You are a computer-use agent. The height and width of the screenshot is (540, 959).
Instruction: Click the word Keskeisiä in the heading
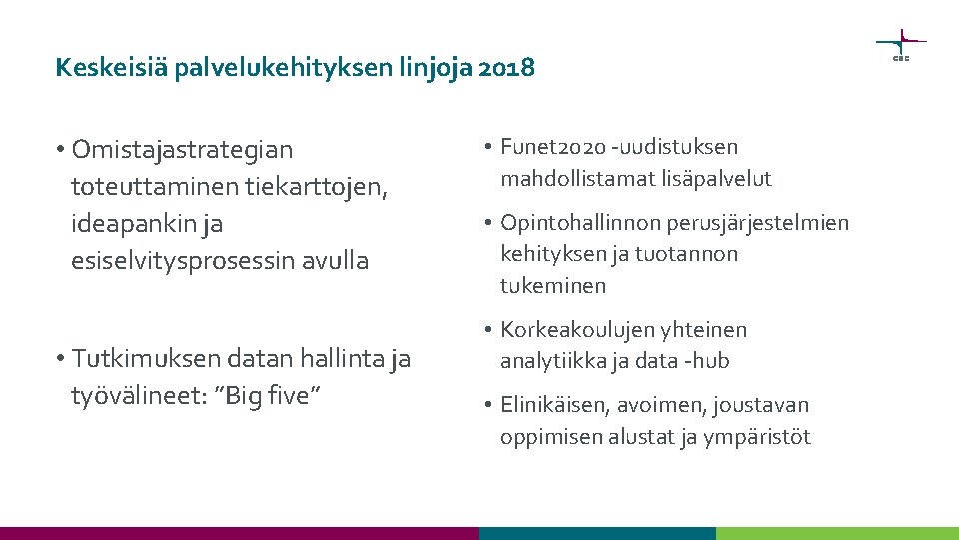(x=99, y=68)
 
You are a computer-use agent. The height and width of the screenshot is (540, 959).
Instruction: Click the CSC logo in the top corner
(x=900, y=45)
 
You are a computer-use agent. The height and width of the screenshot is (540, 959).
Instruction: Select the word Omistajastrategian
(x=183, y=150)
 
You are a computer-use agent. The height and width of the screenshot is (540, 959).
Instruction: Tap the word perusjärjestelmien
(x=760, y=222)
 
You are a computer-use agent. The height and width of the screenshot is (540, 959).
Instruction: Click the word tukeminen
(x=553, y=286)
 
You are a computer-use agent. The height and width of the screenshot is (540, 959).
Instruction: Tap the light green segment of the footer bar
(x=837, y=533)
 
